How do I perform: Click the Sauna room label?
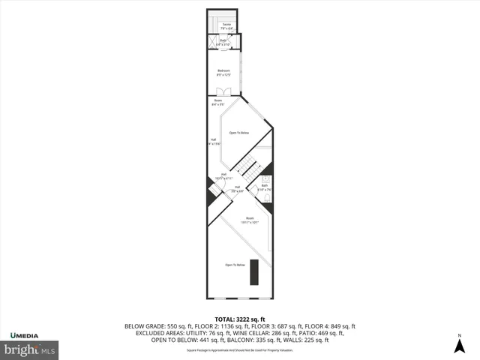[226, 28]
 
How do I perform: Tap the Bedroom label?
[223, 73]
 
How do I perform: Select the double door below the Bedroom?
[223, 92]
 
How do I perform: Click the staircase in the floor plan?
[244, 167]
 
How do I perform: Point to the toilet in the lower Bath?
[265, 181]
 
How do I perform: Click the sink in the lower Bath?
[256, 189]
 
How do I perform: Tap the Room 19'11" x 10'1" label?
[240, 220]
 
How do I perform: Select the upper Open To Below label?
[238, 133]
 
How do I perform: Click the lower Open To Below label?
[235, 265]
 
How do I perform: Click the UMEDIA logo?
[25, 334]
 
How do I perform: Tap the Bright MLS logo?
[31, 349]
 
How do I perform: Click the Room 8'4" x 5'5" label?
[218, 102]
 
